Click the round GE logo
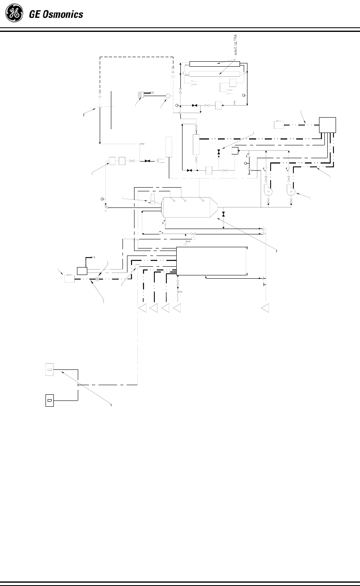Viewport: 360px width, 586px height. click(x=14, y=14)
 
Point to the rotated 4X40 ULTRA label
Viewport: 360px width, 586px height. click(x=236, y=45)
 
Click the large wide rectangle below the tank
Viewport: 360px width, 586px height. click(x=211, y=261)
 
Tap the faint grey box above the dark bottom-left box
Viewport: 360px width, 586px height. click(x=49, y=369)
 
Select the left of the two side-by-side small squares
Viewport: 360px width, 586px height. click(x=112, y=161)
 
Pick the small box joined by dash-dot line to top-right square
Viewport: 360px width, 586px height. click(x=279, y=124)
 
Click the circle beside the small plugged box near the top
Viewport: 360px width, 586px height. click(x=168, y=96)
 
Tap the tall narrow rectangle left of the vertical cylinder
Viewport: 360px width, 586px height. click(x=168, y=147)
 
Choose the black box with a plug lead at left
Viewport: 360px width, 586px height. click(x=82, y=271)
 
